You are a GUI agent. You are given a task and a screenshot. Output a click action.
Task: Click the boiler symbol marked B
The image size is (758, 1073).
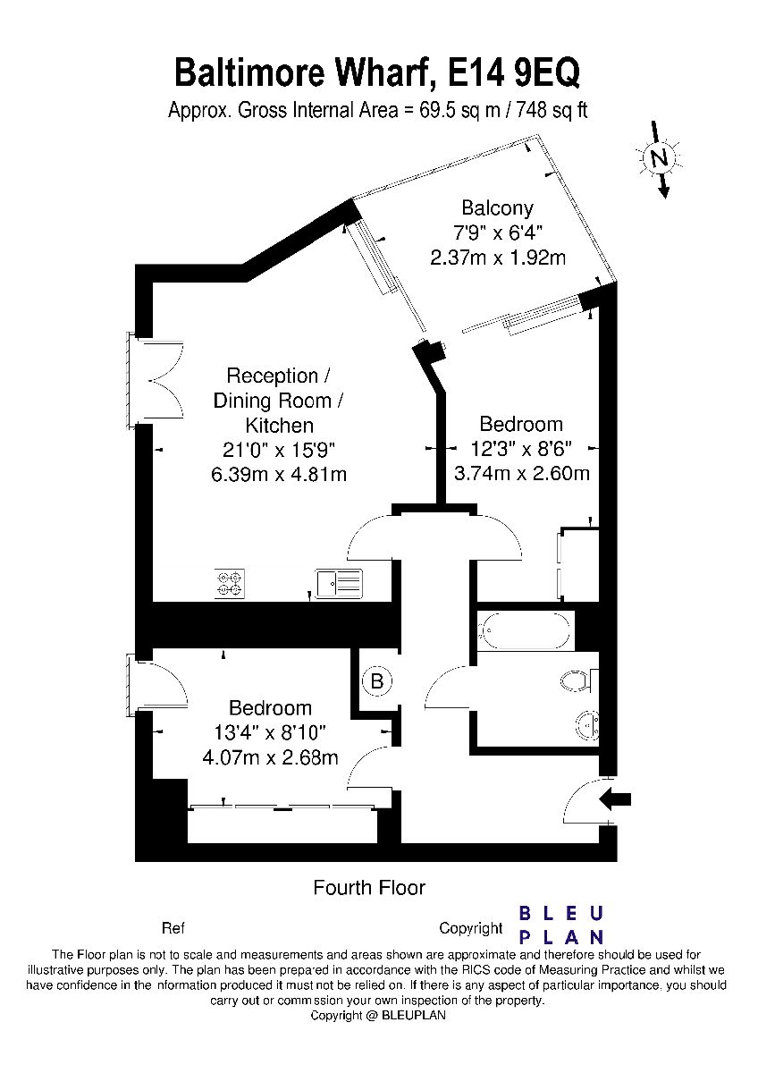(x=377, y=680)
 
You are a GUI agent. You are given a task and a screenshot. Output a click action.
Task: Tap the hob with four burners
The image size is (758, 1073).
(x=230, y=583)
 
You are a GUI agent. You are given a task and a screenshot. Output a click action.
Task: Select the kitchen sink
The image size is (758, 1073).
(x=339, y=583)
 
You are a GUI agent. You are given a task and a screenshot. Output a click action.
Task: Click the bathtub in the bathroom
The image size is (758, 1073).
(x=526, y=630)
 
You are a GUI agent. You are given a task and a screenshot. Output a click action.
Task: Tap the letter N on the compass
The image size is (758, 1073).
(x=661, y=157)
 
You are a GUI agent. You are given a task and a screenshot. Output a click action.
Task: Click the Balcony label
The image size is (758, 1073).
(x=497, y=207)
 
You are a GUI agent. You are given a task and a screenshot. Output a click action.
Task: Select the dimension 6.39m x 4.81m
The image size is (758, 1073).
(x=279, y=475)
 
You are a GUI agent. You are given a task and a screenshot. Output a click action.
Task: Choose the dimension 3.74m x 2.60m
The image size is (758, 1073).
(x=521, y=474)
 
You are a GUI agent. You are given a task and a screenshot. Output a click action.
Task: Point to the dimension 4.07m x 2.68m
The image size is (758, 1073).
(x=271, y=757)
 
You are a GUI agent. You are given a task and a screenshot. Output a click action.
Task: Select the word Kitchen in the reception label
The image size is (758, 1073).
(x=279, y=426)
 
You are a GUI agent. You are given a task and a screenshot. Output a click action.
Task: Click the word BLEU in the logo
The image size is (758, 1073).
(x=560, y=915)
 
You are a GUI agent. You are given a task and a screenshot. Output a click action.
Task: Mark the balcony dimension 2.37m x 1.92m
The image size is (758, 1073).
(x=498, y=258)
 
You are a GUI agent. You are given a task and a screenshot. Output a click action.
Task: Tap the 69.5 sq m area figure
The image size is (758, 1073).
(x=459, y=111)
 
